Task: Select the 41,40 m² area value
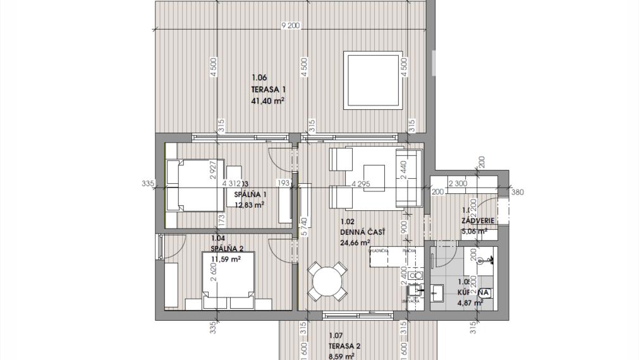268,100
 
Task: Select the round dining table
326,282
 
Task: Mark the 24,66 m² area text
355,241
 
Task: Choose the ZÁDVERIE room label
478,220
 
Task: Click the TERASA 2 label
344,346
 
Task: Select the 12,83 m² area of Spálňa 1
249,205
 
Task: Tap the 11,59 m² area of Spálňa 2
226,259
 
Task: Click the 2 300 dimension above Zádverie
458,184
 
